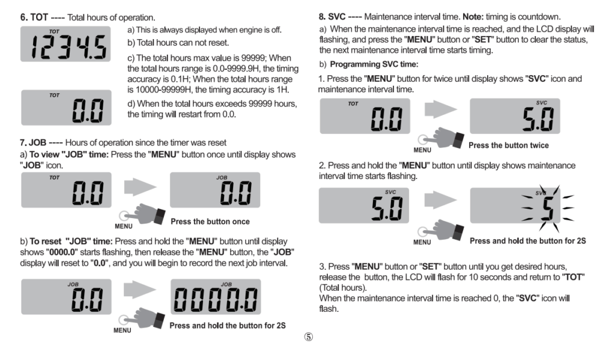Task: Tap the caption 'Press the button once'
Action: (210, 221)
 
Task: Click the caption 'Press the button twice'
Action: (508, 145)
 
